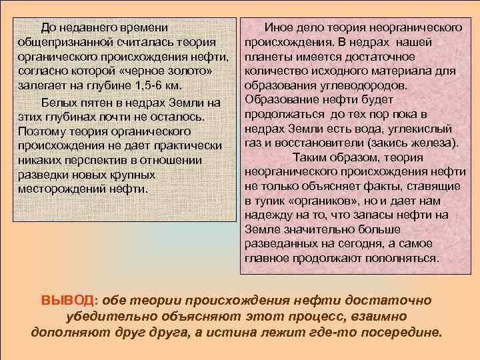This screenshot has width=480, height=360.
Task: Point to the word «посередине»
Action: (403, 332)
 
